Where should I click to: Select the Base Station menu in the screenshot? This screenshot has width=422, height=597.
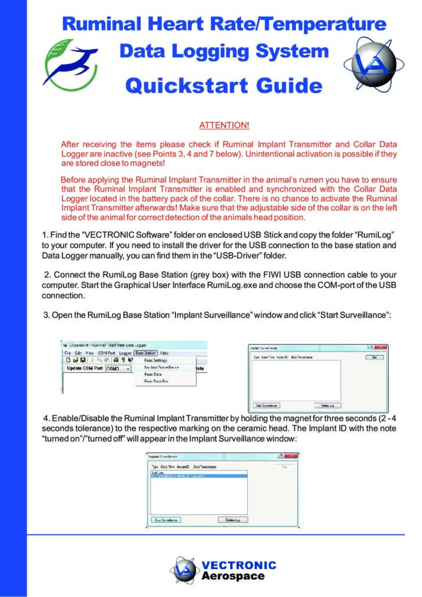(x=146, y=353)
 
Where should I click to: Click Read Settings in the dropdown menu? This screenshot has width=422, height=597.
(x=156, y=360)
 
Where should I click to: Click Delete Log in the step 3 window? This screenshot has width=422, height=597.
(x=327, y=405)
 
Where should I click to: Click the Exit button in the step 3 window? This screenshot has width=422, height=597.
(x=374, y=357)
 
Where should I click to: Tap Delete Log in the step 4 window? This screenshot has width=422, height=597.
(x=233, y=519)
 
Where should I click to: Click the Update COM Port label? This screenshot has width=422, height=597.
(x=85, y=368)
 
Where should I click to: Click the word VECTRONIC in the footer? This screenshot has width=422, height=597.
(x=238, y=565)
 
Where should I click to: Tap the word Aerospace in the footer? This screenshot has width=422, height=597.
(x=233, y=576)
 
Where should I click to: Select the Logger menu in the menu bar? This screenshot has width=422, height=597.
(x=125, y=353)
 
